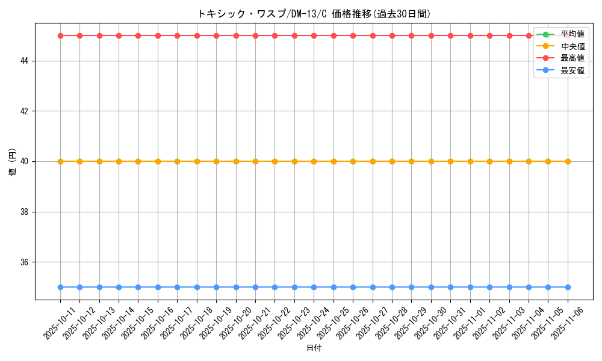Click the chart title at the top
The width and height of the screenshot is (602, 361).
314,14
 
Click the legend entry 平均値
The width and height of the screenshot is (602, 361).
573,34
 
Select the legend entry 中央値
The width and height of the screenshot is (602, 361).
573,46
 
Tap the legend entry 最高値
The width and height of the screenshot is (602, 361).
573,58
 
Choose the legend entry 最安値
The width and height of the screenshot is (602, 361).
573,70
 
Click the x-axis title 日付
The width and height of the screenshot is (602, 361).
314,348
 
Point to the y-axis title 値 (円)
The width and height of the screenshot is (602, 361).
12,161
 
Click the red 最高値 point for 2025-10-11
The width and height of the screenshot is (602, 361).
60,35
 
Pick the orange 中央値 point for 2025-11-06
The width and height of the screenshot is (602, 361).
568,161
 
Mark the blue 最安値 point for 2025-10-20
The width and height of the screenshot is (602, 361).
236,287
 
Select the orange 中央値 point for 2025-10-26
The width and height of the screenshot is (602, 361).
353,161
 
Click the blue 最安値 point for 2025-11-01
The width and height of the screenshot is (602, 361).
470,287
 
